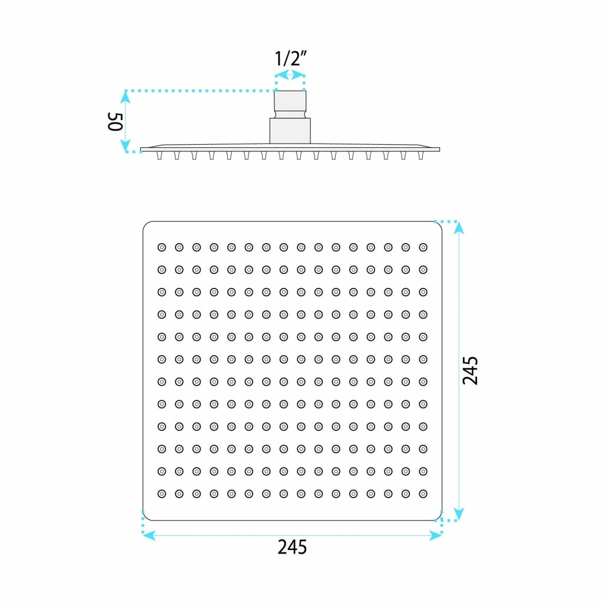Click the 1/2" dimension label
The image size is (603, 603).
pyautogui.click(x=290, y=58)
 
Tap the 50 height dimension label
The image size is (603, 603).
pyautogui.click(x=115, y=121)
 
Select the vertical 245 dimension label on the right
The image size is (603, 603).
pyautogui.click(x=470, y=370)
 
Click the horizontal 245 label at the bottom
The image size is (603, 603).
pyautogui.click(x=292, y=547)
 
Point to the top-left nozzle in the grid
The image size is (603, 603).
pyautogui.click(x=162, y=247)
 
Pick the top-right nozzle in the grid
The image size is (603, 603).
pyautogui.click(x=423, y=247)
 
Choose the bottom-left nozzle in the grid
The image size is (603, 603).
pyautogui.click(x=162, y=494)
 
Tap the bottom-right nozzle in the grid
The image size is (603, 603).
pyautogui.click(x=423, y=494)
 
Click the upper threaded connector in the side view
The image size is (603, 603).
pyautogui.click(x=290, y=104)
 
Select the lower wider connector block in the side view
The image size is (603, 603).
pyautogui.click(x=290, y=131)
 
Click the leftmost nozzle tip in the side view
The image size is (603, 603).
pyautogui.click(x=159, y=155)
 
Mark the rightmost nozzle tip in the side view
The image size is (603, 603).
pyautogui.click(x=420, y=155)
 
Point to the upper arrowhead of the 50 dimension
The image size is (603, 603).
pyautogui.click(x=125, y=97)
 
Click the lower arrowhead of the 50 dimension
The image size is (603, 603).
pyautogui.click(x=125, y=146)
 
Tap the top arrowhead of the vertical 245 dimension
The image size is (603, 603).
pyautogui.click(x=458, y=228)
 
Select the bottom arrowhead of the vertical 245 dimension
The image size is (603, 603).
pyautogui.click(x=458, y=513)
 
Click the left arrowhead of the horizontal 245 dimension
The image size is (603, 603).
pyautogui.click(x=149, y=535)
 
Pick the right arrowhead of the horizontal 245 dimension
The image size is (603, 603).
pyautogui.click(x=436, y=535)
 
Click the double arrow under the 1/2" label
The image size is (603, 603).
pyautogui.click(x=290, y=75)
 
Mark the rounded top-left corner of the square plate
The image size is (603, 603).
pyautogui.click(x=146, y=224)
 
